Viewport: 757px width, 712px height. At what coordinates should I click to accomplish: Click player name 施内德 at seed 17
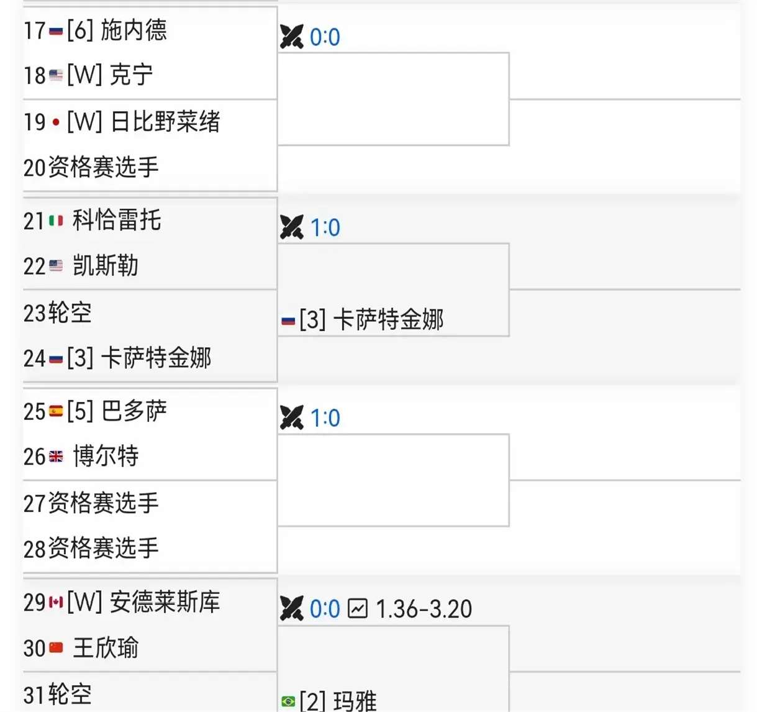(134, 30)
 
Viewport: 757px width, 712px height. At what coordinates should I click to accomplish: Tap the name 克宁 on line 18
(131, 75)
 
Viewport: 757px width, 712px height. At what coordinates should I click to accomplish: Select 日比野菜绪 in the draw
(165, 121)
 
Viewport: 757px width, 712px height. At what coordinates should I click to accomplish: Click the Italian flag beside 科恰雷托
(56, 221)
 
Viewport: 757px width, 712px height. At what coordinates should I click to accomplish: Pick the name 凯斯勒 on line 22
(106, 266)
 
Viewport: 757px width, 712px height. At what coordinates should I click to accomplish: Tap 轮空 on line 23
(70, 313)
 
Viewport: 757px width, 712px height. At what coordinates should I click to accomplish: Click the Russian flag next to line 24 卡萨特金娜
(56, 359)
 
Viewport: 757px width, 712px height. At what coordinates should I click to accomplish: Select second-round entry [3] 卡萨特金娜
(371, 320)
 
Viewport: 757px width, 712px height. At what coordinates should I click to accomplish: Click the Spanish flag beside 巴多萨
(56, 411)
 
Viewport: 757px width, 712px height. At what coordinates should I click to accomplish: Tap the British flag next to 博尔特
(56, 457)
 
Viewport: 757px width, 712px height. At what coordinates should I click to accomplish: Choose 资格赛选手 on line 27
(103, 503)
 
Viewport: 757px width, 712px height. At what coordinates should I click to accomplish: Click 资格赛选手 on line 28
(103, 549)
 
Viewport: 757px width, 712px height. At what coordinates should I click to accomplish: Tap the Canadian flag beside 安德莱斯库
(56, 602)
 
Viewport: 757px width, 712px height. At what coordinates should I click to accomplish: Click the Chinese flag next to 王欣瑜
(56, 648)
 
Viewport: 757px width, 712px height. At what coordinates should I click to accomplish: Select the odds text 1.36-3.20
(424, 609)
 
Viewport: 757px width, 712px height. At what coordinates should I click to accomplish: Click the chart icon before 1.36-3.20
(358, 608)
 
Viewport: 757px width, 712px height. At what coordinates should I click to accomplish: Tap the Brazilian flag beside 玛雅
(288, 701)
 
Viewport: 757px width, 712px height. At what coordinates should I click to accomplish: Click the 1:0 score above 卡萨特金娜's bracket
(325, 227)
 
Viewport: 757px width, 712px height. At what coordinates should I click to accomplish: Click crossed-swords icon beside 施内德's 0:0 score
(291, 37)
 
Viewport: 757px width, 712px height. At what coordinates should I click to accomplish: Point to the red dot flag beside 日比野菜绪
(56, 122)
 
